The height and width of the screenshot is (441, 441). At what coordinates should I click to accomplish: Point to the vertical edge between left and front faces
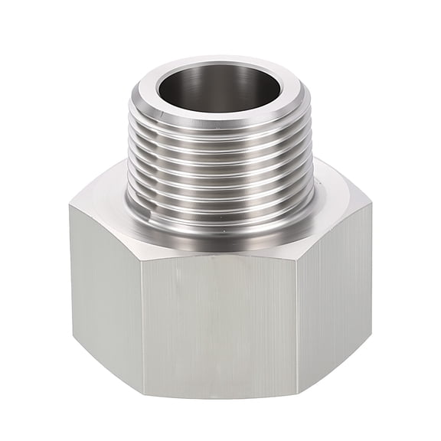click(x=145, y=322)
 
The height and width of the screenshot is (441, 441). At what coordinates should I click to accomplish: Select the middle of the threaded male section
click(x=218, y=172)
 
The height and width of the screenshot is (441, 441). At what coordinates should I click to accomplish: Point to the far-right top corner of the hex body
click(x=371, y=203)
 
